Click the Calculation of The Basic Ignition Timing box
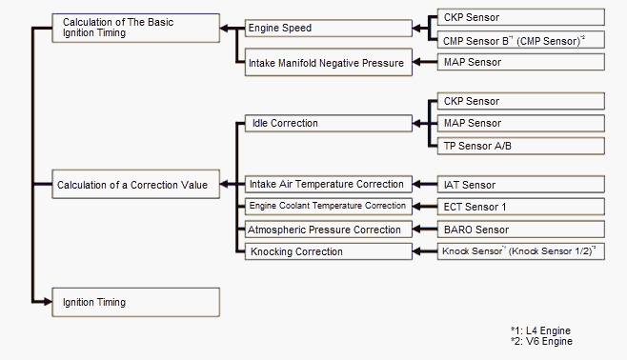135,28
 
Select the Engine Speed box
329,28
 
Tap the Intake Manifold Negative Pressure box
329,62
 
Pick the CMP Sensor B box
521,40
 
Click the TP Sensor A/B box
521,146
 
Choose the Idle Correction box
329,123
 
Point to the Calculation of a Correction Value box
135,184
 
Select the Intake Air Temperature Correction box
329,184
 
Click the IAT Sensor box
521,184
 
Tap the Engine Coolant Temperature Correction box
329,206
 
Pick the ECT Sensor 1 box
521,207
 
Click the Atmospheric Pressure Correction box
329,230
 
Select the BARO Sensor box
521,230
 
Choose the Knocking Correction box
329,251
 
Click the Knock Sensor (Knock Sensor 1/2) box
521,251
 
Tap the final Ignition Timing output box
135,302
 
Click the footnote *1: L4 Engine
540,330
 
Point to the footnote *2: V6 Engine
541,341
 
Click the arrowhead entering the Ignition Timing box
48,302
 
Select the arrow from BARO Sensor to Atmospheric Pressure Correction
425,230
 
